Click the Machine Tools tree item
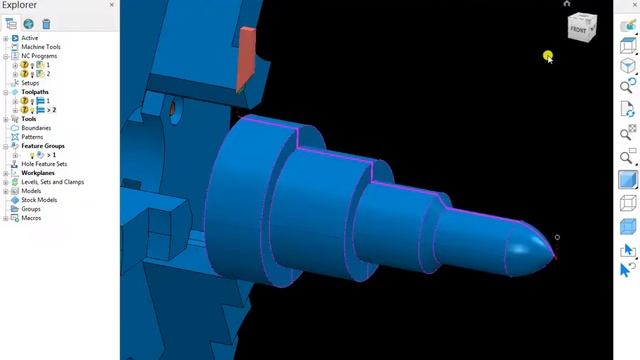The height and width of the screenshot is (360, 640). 41,47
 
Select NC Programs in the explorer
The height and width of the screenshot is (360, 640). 38,56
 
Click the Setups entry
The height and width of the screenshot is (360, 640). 30,83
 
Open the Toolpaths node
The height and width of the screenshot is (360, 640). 35,92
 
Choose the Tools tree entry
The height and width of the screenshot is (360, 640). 29,119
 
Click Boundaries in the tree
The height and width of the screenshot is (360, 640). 36,128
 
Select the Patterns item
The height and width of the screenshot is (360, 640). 32,137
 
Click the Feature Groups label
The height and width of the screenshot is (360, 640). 43,146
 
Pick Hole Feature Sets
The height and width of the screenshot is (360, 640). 44,164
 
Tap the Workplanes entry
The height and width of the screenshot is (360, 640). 38,173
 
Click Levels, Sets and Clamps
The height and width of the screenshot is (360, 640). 52,182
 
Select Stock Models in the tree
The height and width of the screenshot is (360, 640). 39,200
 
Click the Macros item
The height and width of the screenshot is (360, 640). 31,218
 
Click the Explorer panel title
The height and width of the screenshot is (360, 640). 20,6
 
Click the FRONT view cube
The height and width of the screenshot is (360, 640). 580,30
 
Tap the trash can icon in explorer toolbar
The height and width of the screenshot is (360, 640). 46,24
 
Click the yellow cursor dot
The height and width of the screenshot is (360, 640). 548,57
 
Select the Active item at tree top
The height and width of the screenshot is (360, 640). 30,38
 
